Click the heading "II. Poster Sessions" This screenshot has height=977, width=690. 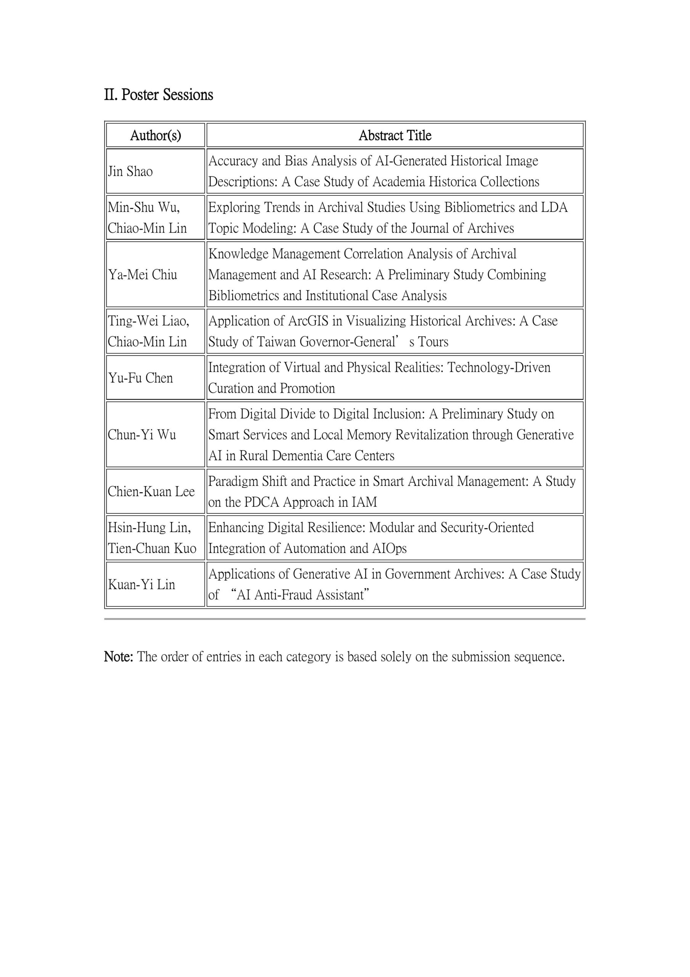click(x=159, y=95)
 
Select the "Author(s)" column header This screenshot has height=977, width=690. click(x=156, y=135)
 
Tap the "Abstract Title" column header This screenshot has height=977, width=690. click(x=395, y=135)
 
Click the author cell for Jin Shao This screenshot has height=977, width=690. click(x=130, y=171)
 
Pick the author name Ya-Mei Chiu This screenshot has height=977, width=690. click(x=143, y=274)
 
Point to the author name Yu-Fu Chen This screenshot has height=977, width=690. click(x=140, y=378)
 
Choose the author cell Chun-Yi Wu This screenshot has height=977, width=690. click(x=141, y=434)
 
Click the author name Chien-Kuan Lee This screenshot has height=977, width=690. click(x=151, y=492)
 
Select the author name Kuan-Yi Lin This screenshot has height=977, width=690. click(x=141, y=584)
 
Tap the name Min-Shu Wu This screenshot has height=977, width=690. click(x=143, y=207)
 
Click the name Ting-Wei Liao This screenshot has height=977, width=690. click(x=148, y=321)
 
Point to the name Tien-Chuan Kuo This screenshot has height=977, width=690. click(x=152, y=548)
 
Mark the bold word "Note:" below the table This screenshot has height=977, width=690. click(x=119, y=656)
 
